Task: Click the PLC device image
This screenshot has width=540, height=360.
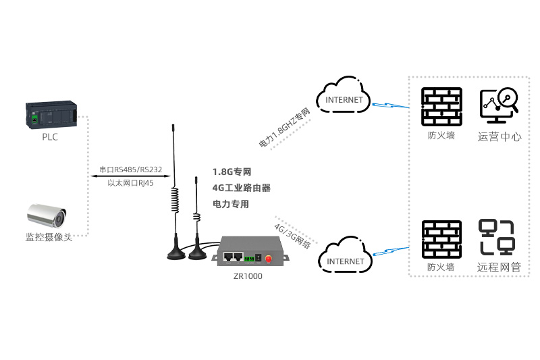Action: point(51,115)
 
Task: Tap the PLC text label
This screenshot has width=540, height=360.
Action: point(50,137)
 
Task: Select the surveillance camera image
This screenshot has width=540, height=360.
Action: point(47,215)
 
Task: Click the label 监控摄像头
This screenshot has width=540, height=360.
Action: point(49,237)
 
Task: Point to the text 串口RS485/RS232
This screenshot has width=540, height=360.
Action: point(131,170)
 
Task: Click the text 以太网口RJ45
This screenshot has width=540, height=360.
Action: point(130,183)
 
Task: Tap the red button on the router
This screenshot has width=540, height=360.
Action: point(268,259)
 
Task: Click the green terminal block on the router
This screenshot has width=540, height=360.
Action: point(249,259)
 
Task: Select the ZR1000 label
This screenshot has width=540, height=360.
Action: point(248,276)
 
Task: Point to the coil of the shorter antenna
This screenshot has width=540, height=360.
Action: point(196,217)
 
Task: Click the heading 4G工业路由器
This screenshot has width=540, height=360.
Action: point(242,188)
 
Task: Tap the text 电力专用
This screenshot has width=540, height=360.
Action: point(231,204)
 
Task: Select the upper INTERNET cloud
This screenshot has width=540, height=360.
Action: point(344,95)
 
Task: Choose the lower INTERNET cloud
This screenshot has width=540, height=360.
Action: point(346,255)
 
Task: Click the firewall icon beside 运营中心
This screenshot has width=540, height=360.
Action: point(441,107)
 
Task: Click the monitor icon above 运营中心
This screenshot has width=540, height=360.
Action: point(499,105)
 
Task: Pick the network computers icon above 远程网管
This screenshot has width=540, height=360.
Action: point(497,237)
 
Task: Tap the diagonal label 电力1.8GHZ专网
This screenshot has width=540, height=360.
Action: point(285,128)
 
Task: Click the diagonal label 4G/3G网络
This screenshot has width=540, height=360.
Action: point(292,236)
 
